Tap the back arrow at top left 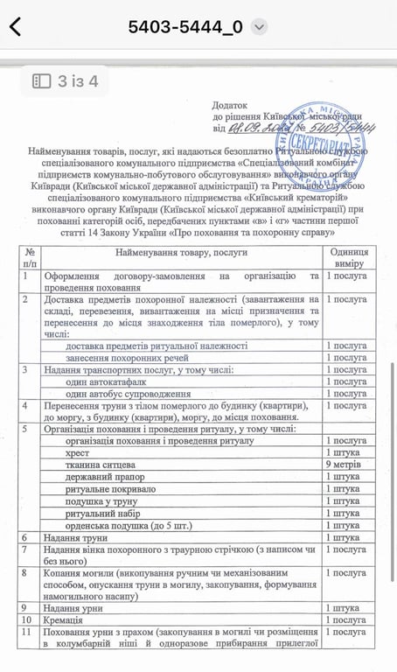coord(16,27)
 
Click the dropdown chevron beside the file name coord(259,27)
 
